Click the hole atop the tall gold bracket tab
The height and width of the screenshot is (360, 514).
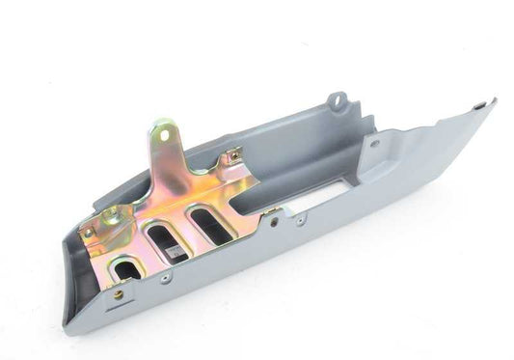165,135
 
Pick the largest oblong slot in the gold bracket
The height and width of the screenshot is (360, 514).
209,223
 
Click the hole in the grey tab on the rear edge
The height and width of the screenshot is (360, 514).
337,99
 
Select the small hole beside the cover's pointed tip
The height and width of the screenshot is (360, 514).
478,106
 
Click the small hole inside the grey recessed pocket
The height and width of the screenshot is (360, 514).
373,144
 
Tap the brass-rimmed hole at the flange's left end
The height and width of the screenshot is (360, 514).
118,293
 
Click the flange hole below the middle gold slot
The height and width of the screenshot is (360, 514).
167,277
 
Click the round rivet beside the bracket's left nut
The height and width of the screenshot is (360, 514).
88,231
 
